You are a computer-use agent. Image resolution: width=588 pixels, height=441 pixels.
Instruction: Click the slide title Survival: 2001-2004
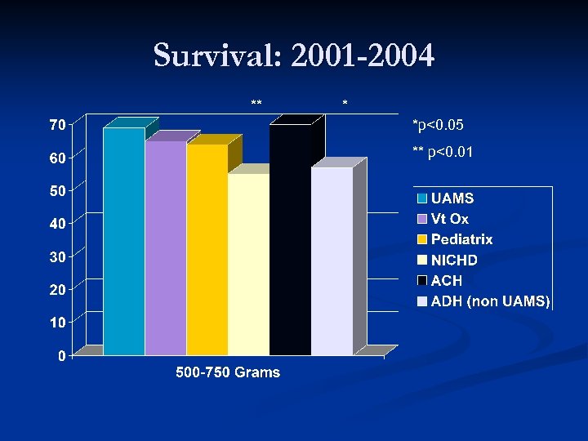click(x=294, y=56)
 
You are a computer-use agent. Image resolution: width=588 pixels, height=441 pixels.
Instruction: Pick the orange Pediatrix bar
click(x=207, y=249)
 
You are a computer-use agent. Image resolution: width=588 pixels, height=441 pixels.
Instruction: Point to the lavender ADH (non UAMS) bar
click(x=332, y=261)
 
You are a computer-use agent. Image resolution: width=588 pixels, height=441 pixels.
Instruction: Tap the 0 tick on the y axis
click(x=60, y=355)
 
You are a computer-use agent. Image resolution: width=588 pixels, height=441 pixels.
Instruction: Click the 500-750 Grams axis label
click(x=228, y=373)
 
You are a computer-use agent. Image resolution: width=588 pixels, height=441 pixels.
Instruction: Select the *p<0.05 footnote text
click(x=439, y=125)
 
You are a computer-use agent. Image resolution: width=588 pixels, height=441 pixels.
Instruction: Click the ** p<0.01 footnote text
click(x=443, y=152)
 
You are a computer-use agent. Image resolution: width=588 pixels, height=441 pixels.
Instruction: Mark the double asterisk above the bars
click(x=256, y=103)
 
